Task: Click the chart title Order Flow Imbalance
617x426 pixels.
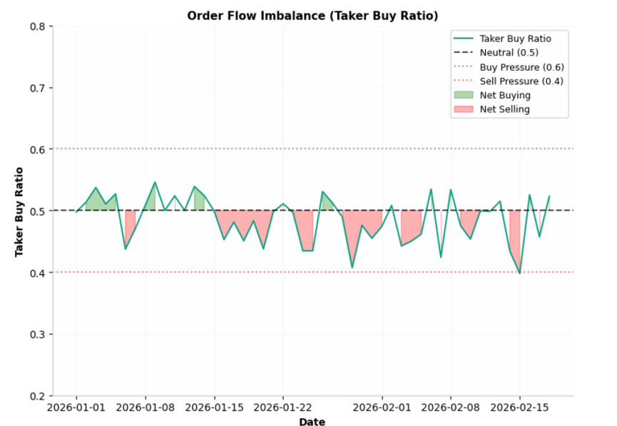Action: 312,16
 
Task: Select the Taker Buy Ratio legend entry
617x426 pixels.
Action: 514,39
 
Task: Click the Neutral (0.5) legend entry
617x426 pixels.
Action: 509,53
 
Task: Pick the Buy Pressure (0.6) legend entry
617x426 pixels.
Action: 521,67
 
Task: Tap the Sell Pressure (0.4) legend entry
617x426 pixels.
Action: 521,81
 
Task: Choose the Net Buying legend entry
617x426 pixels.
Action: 505,96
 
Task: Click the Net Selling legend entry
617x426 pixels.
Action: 505,110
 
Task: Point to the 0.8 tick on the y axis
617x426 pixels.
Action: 38,27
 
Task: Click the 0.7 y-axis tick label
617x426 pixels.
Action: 38,88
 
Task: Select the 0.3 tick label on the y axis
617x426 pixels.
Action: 38,335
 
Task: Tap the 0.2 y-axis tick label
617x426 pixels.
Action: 38,396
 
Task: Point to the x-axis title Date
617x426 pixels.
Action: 312,422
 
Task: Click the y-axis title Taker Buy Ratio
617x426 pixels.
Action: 19,212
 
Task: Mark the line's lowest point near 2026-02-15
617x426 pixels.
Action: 519,273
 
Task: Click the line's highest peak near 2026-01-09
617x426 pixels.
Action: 155,182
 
